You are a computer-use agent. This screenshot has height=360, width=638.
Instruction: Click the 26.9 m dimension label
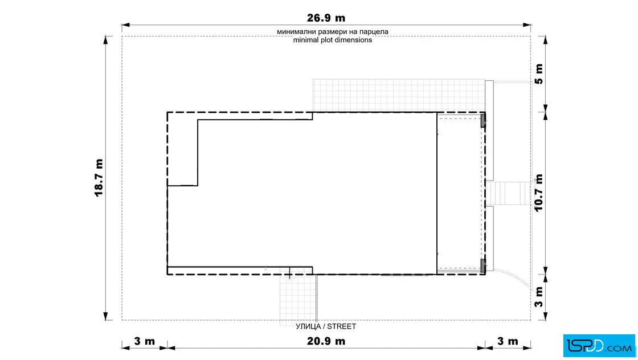click(x=326, y=18)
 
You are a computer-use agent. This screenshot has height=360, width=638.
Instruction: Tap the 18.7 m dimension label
click(x=99, y=178)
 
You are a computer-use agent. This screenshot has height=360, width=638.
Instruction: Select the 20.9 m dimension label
click(x=326, y=341)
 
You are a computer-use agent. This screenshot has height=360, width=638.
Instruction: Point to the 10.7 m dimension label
click(x=539, y=193)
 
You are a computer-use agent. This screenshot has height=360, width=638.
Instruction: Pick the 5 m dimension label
click(x=539, y=74)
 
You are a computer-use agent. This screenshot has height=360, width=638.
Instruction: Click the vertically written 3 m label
click(x=539, y=297)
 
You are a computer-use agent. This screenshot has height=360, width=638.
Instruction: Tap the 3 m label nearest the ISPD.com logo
click(x=508, y=341)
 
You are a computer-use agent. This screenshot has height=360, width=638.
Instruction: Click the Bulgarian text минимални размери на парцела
click(x=333, y=31)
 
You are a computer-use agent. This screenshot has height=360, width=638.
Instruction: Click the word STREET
click(x=341, y=326)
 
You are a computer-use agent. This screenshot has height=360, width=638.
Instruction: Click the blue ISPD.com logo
click(x=599, y=346)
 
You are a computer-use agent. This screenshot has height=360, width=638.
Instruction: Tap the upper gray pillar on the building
click(x=483, y=120)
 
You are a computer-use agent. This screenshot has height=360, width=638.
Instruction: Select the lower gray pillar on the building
click(x=483, y=266)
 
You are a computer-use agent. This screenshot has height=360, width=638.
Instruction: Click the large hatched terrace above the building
click(x=399, y=96)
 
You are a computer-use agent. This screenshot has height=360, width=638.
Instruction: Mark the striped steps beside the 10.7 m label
click(x=509, y=193)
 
